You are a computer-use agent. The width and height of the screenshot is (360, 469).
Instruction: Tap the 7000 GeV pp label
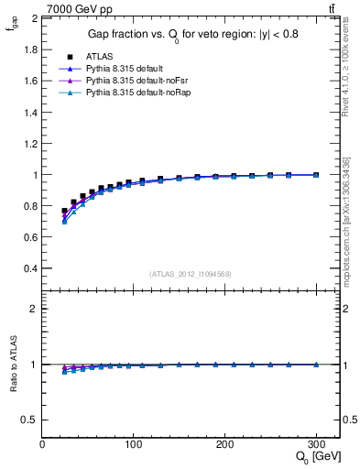pos(79,9)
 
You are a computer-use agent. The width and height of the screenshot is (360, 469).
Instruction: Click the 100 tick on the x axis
pos(134,445)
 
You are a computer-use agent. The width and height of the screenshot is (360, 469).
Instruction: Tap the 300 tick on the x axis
pos(316,445)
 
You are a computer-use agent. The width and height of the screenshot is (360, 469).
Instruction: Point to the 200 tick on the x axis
pos(224,445)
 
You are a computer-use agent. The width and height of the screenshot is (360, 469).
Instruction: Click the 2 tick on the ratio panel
pos(34,309)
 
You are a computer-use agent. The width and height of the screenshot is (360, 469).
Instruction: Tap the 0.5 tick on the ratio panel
pos(31,420)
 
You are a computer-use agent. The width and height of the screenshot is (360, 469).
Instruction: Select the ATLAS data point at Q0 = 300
pos(316,175)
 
